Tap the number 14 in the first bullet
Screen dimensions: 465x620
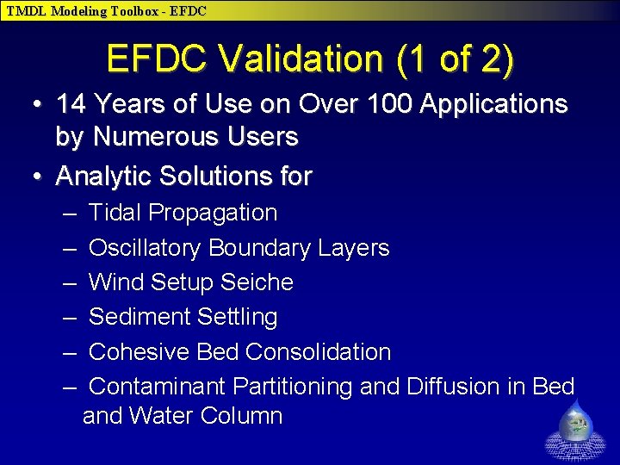(71, 105)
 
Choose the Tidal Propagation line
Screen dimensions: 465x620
(183, 213)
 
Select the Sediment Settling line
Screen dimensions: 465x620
(183, 317)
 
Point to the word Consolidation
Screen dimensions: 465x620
(318, 352)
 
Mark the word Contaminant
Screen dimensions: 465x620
(158, 387)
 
